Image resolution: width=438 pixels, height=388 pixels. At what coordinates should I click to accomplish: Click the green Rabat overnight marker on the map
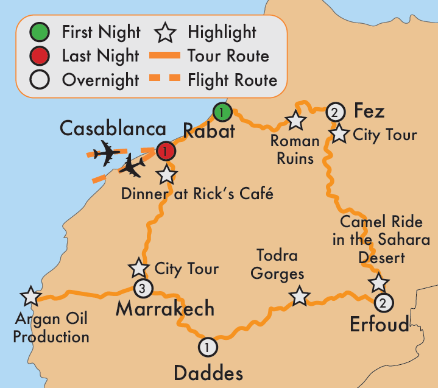coord(222,111)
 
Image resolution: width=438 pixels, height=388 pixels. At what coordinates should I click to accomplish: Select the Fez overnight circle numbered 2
coord(334,112)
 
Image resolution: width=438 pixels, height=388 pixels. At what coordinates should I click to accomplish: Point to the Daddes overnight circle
coord(208,347)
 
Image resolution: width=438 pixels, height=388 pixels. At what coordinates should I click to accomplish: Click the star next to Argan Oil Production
coord(29,296)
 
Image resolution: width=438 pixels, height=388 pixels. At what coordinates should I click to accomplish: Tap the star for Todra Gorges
coord(298,296)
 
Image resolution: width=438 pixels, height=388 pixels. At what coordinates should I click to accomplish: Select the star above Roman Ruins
coord(295,121)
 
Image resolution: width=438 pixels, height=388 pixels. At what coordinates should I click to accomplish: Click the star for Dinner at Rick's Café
coord(166,175)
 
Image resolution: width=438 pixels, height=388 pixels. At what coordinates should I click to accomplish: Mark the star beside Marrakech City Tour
coord(138,268)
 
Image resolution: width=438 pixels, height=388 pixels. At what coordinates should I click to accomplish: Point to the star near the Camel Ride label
coord(378,282)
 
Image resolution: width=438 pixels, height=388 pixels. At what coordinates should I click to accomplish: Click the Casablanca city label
coord(113,129)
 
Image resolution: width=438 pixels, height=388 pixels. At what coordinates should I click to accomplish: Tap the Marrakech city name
coord(165,309)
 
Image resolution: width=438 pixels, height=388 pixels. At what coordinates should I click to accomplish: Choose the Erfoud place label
coord(380,325)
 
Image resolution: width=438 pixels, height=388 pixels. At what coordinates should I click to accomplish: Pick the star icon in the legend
coord(168,32)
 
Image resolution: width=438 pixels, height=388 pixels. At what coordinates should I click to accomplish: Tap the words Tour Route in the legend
coord(228,57)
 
